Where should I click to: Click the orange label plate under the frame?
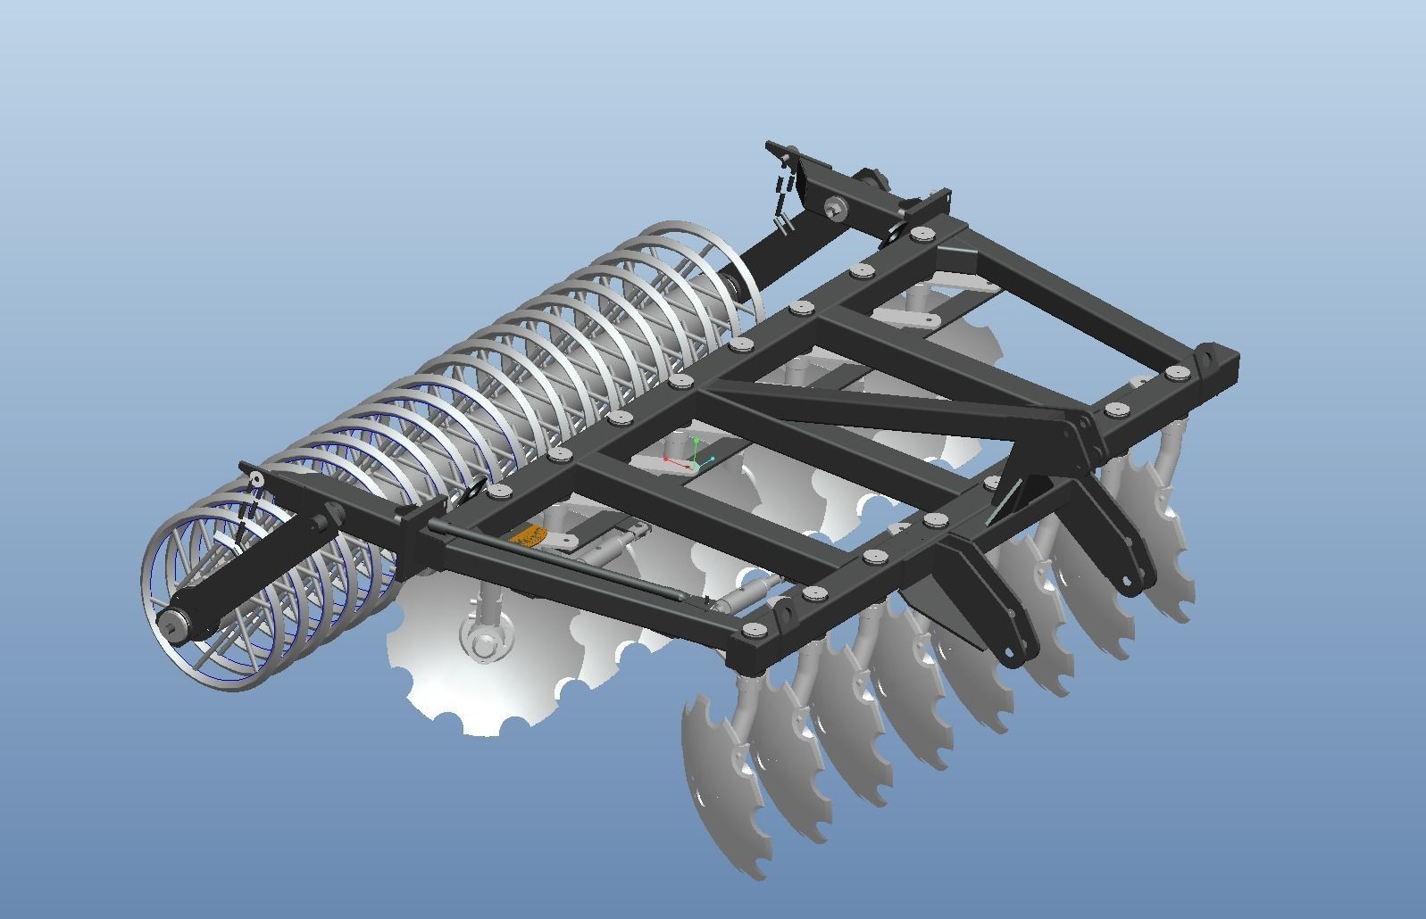pyautogui.click(x=527, y=536)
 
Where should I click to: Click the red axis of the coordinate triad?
pyautogui.click(x=676, y=461)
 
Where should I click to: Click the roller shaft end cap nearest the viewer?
pyautogui.click(x=171, y=623)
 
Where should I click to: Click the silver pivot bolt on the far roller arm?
pyautogui.click(x=836, y=207)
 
